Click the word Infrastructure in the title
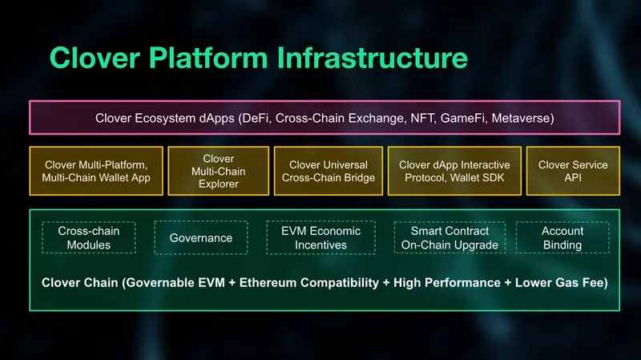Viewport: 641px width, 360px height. tap(373, 58)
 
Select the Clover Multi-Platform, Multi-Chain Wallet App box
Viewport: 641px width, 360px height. tap(96, 171)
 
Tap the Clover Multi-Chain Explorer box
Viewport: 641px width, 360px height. tap(218, 171)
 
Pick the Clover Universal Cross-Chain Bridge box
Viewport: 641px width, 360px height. tap(329, 171)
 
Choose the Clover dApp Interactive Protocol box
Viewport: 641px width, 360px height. tap(454, 171)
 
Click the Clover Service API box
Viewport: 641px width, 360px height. tap(573, 171)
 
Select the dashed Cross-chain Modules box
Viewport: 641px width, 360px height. tap(89, 237)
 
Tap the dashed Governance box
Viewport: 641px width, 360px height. tap(201, 237)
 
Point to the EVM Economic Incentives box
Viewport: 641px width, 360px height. tap(321, 237)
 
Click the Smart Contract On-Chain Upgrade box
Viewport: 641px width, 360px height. tap(450, 237)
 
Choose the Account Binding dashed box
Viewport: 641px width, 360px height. tap(562, 237)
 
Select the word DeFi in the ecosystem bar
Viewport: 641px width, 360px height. tap(256, 118)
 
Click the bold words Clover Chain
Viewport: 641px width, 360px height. tap(79, 283)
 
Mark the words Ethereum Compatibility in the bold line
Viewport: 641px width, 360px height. tap(309, 283)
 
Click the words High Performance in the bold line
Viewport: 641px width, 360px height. tap(447, 283)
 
